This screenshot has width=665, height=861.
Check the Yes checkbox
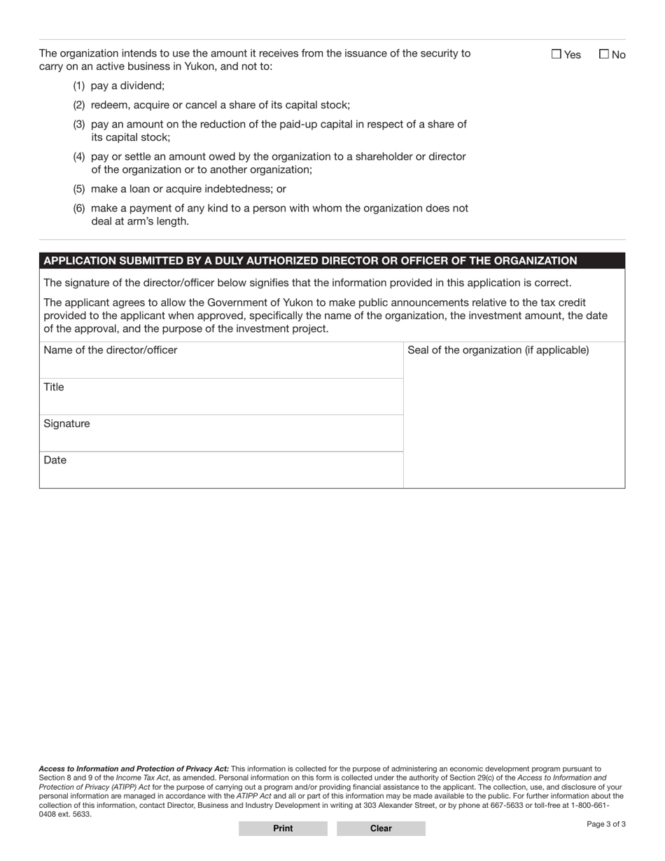[x=556, y=55]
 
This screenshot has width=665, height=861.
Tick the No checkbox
[x=604, y=55]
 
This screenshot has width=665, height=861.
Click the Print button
[x=283, y=828]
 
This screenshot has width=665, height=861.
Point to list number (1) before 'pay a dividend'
[x=79, y=86]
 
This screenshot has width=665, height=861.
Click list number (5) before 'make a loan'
[x=79, y=189]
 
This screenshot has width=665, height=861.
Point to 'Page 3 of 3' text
[x=606, y=824]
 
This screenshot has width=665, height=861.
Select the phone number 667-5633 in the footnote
[x=510, y=805]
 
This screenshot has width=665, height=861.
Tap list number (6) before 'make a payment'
[x=79, y=208]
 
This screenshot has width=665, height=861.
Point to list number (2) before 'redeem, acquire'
[x=79, y=105]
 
